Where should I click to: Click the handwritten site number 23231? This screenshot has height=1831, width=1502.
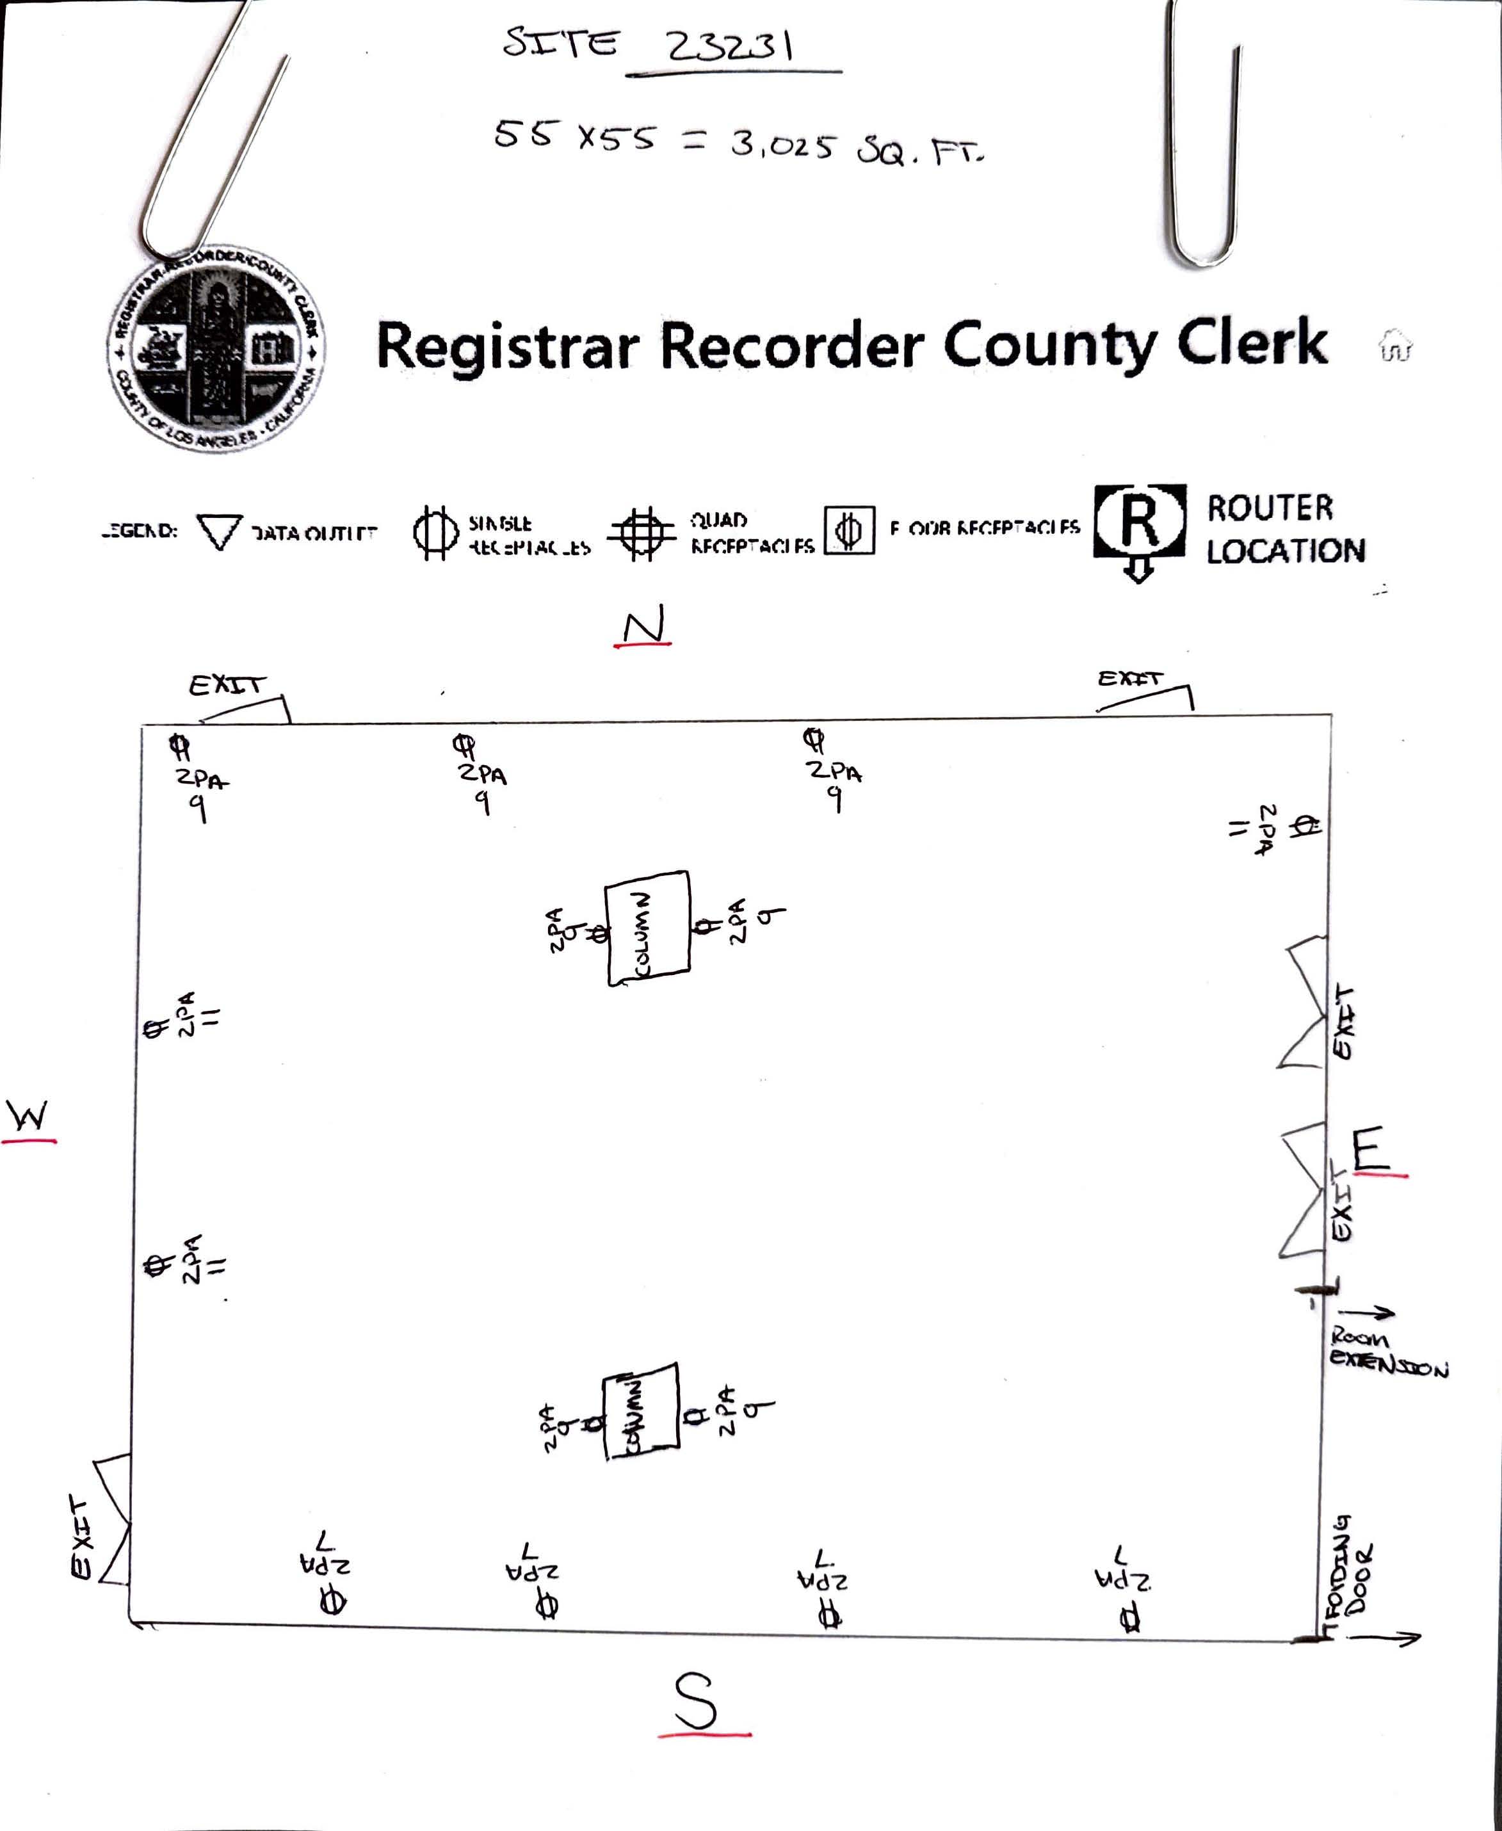tap(729, 46)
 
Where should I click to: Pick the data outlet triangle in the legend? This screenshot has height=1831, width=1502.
tap(219, 531)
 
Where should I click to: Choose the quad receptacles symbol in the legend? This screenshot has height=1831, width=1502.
tap(640, 533)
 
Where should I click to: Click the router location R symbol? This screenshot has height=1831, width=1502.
tap(1140, 522)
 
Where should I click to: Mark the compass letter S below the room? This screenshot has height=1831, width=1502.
tap(697, 1701)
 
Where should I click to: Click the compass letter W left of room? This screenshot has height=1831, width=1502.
tap(28, 1117)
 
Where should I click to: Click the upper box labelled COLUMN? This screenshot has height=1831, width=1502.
tap(648, 928)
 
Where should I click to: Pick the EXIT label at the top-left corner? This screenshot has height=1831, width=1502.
tap(226, 685)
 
